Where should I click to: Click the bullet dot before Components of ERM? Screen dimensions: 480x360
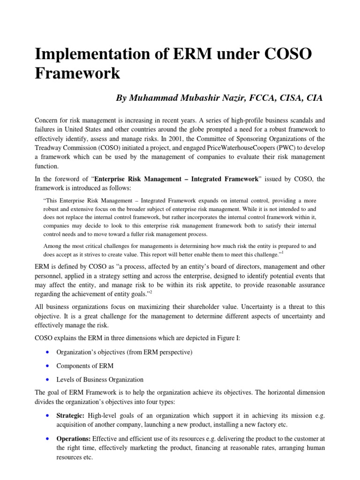[49, 366]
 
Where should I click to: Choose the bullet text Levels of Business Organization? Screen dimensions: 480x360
[100, 379]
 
